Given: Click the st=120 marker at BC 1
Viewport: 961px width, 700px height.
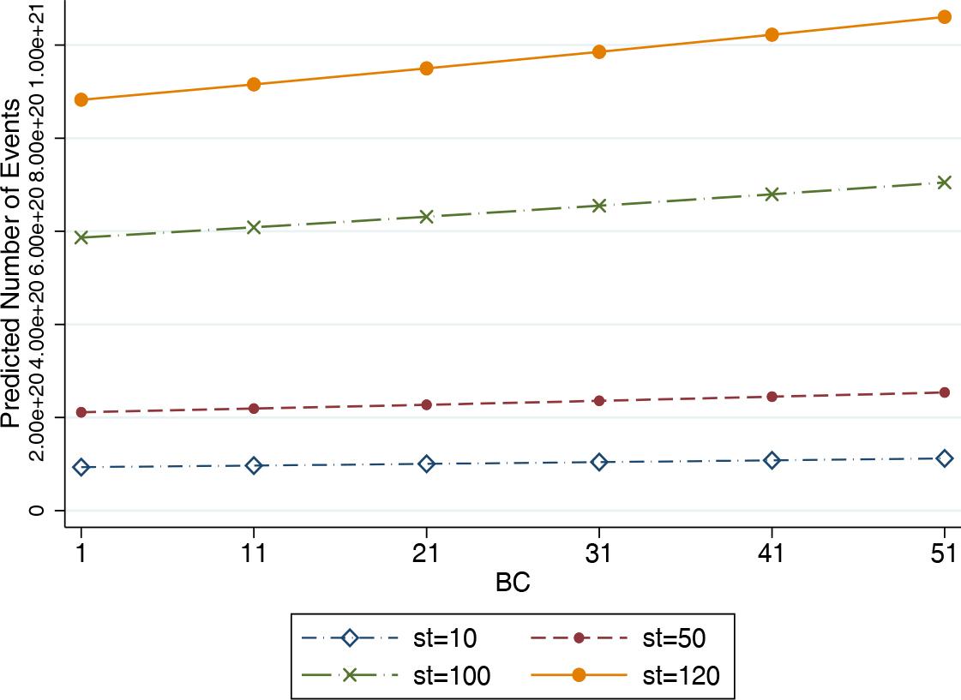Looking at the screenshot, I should point(81,99).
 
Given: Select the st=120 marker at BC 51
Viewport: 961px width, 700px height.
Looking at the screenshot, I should point(945,17).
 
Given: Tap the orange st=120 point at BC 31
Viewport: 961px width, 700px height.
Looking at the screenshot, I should point(599,51).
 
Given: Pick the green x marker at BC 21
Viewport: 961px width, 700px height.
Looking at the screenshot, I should point(426,217).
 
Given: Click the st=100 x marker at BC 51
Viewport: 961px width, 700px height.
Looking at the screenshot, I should point(945,182).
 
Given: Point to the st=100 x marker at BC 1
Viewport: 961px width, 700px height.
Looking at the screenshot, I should point(81,237).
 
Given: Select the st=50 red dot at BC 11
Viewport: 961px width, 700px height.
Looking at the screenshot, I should point(254,409).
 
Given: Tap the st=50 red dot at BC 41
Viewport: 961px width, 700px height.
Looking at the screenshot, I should point(772,397).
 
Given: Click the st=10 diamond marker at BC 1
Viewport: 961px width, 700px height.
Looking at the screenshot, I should point(81,467).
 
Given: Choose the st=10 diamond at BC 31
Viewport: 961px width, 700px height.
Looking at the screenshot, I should point(599,462).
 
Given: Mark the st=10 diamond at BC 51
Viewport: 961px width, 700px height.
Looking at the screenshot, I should point(945,458).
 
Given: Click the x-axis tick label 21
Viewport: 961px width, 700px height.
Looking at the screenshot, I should point(426,554).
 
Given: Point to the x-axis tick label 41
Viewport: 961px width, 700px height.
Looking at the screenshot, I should point(772,554).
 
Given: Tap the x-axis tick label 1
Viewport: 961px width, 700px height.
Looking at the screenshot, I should point(81,554).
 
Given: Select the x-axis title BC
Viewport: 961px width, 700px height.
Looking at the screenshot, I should point(513,584).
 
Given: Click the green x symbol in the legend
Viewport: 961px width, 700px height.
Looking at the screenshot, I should point(349,675).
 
